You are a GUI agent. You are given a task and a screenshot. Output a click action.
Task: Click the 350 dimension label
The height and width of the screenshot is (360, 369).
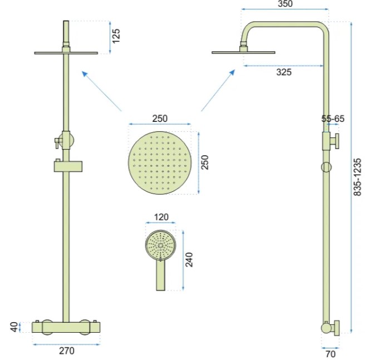(x=286, y=4)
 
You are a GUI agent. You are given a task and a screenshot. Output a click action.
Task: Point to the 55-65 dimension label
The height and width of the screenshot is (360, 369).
(x=333, y=119)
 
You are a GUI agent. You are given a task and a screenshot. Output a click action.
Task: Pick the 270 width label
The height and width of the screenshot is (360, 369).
(x=66, y=351)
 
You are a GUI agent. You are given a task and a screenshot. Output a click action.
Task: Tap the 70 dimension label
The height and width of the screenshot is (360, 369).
(x=330, y=352)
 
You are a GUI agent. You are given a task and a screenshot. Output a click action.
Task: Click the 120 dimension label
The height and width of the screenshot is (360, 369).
(x=161, y=216)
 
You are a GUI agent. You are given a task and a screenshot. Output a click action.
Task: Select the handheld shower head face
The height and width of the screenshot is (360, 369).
(x=160, y=244)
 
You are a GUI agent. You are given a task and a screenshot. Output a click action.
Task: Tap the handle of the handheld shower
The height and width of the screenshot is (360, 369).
(x=160, y=275)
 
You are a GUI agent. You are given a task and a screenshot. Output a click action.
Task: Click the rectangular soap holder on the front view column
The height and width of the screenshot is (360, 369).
(x=67, y=165)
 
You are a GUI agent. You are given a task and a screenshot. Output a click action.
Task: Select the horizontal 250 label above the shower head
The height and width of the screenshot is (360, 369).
(x=160, y=119)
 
